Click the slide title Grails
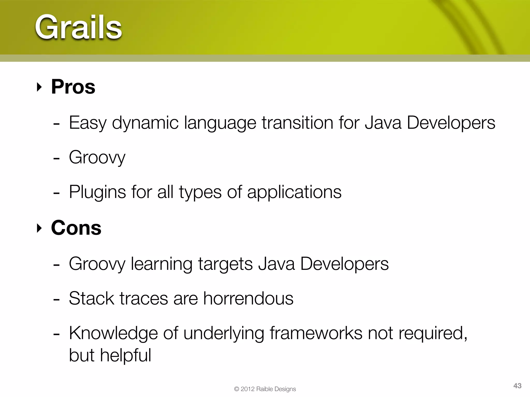[x=78, y=27]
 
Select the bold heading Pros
[x=73, y=87]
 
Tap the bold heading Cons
[x=76, y=228]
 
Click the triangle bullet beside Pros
[x=39, y=87]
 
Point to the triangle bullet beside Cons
[x=39, y=228]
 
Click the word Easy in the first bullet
[x=87, y=123]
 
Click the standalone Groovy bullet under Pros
[x=97, y=157]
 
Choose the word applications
[x=294, y=192]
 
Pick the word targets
[x=225, y=264]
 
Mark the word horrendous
[x=248, y=299]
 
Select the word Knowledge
[x=113, y=333]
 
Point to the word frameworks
[x=316, y=333]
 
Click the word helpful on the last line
[x=126, y=355]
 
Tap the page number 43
[x=517, y=386]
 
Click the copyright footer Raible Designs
[x=276, y=389]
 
